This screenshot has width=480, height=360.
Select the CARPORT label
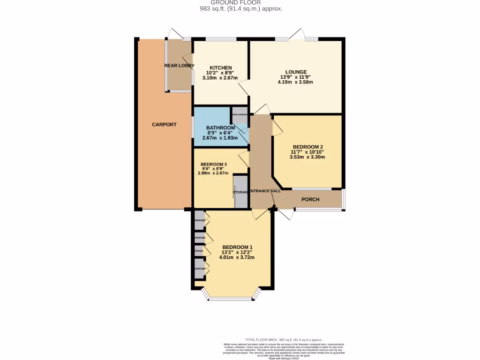tap(164, 125)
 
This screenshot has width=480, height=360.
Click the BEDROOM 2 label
tap(307, 146)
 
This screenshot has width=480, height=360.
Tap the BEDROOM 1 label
tap(237, 247)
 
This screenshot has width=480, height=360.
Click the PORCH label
tap(310, 200)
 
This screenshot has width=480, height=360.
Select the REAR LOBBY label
tap(179, 66)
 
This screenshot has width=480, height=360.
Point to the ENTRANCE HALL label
tap(265, 191)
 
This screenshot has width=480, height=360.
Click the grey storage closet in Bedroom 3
tap(240, 191)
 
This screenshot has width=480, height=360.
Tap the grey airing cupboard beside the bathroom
tap(240, 115)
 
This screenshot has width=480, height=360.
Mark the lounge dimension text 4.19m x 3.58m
tap(295, 82)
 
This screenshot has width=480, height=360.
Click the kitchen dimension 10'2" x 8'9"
tap(220, 73)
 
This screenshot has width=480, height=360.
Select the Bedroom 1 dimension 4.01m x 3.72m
tap(237, 257)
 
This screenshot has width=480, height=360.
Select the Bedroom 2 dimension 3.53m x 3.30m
tap(307, 157)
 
